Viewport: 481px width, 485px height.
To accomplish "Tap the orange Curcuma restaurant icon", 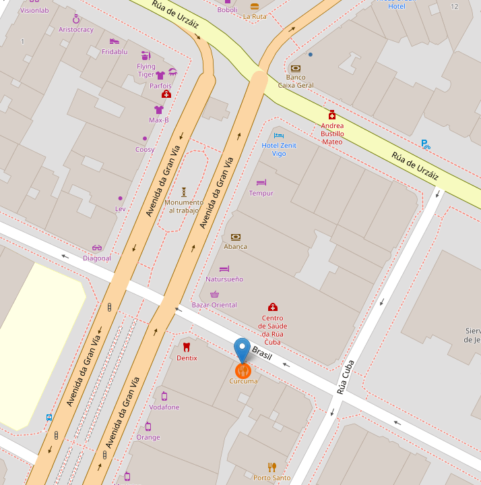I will coord(243,370).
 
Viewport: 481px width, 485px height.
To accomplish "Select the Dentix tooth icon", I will coord(187,347).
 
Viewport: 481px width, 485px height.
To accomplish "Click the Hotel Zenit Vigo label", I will coord(279,149).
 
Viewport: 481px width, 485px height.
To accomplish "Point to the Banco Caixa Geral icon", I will coord(296,68).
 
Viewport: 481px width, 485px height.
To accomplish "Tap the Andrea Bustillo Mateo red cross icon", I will coord(332,115).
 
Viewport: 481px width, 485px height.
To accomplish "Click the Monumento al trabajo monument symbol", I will coord(184,192).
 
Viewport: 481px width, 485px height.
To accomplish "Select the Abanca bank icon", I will coord(236,237).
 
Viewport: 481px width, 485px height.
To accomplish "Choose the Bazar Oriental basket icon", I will coord(214,295).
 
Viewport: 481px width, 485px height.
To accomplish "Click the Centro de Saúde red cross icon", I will coord(272,308).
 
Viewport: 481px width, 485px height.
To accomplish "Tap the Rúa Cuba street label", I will coord(345,378).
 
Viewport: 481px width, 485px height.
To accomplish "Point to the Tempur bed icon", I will coord(262,182).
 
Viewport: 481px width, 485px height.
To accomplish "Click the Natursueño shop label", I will coord(224,279).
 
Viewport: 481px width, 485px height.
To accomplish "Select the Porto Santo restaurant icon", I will coord(272,467).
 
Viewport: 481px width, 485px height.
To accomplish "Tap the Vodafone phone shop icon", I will coord(164,396).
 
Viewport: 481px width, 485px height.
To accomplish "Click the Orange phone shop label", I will coord(148,437).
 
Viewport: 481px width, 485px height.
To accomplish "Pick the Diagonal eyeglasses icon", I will coord(97,248).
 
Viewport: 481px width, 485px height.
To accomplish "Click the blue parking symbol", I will coord(425,144).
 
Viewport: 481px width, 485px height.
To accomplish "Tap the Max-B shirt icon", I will coord(159,109).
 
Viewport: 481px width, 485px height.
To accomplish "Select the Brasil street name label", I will coord(261,352).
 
